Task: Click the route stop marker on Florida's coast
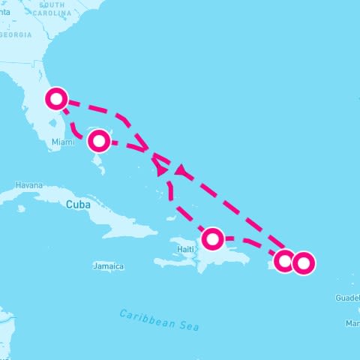click(57, 98)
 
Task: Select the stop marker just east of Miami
click(98, 140)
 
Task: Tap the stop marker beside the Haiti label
click(213, 239)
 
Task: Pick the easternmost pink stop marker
click(303, 262)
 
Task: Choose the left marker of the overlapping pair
click(284, 261)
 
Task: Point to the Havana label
click(29, 185)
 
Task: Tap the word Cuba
click(78, 204)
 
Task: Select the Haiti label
click(185, 248)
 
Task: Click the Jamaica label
click(109, 266)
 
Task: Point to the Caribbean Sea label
click(159, 319)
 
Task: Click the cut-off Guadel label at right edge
click(348, 298)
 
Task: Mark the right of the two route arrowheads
click(181, 172)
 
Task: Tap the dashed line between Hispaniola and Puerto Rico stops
click(251, 243)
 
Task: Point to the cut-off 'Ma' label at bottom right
click(352, 323)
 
